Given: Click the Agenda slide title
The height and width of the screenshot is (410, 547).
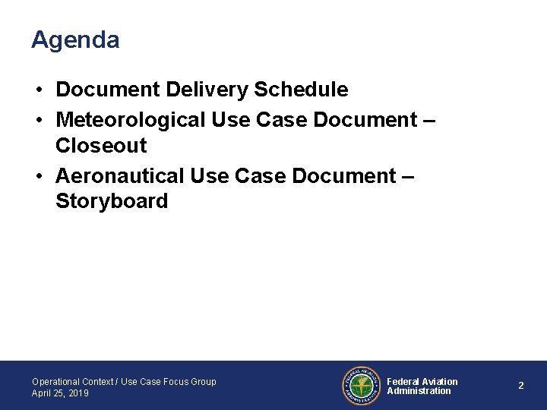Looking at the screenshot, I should (x=75, y=40).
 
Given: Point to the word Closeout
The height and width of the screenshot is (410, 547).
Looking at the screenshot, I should (x=101, y=146).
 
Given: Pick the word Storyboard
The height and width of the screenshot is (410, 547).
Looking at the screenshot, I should (x=112, y=202).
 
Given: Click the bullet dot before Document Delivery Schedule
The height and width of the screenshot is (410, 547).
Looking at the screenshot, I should (x=38, y=90).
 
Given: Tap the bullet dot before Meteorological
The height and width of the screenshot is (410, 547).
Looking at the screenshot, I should (x=38, y=120).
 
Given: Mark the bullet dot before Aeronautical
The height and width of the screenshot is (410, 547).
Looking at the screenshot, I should (x=38, y=176).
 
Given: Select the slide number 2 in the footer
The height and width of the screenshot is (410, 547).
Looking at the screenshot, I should (x=521, y=386).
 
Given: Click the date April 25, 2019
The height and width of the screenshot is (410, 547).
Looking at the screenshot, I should (x=60, y=393).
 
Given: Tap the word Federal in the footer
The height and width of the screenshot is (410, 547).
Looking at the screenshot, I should (x=403, y=381).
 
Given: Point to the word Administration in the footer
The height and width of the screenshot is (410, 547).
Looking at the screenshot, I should (x=419, y=391).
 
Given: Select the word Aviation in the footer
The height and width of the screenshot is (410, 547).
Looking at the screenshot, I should (x=440, y=381).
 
